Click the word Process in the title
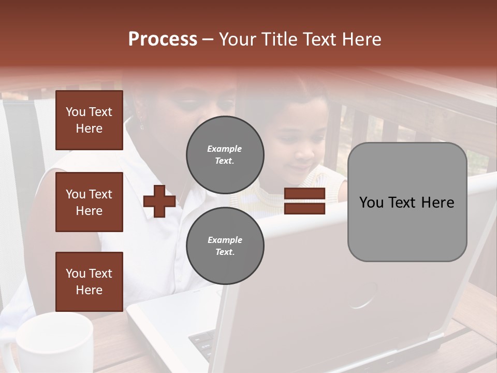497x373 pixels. (163, 39)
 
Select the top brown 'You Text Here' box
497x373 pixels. (89, 120)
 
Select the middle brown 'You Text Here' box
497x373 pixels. (89, 202)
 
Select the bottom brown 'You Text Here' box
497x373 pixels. (89, 282)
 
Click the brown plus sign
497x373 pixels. (159, 202)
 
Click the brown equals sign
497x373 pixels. (304, 202)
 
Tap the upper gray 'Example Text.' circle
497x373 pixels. (225, 155)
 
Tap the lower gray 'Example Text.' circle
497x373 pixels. (225, 246)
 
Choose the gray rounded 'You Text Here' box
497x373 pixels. (407, 202)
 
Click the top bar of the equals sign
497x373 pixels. (304, 194)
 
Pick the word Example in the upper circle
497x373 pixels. (225, 149)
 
